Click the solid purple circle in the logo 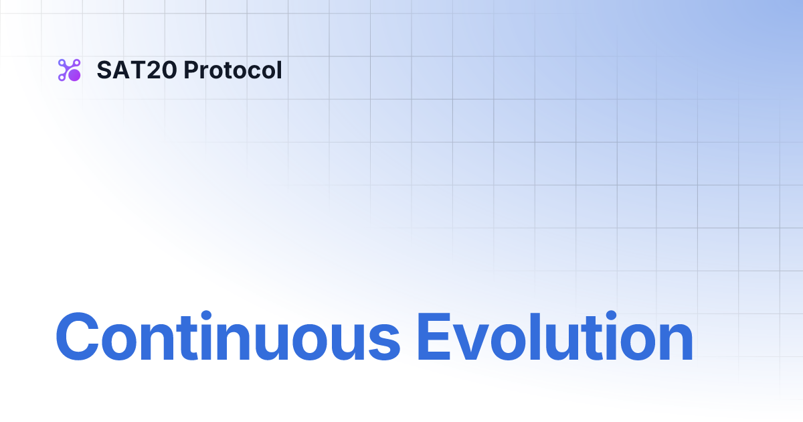[x=74, y=76]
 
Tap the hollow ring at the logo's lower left [x=62, y=78]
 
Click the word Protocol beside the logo [x=232, y=70]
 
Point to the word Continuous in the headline [x=228, y=337]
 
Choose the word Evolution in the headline [x=554, y=337]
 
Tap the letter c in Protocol [x=248, y=72]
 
